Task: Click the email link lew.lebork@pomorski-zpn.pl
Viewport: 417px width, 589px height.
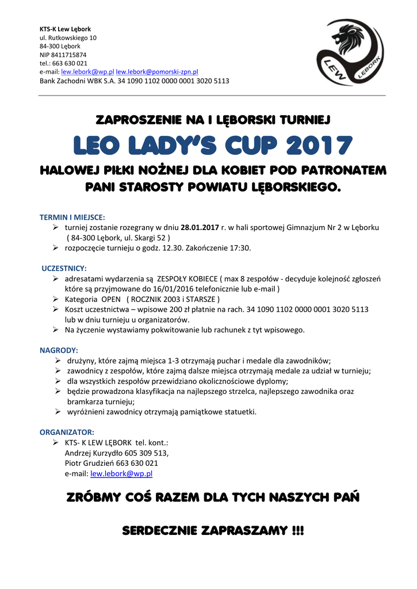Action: coord(157,72)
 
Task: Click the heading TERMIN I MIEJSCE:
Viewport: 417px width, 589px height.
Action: coord(72,217)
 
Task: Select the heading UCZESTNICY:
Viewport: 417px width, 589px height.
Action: coord(64,268)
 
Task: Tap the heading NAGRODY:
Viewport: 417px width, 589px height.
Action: coord(59,350)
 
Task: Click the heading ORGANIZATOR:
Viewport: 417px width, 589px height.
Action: coord(67,431)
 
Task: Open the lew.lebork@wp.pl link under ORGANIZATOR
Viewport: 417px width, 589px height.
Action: coord(121,473)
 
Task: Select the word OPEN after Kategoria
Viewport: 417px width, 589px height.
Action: coord(110,299)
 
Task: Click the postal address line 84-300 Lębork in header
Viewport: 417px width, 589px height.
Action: coord(60,46)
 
